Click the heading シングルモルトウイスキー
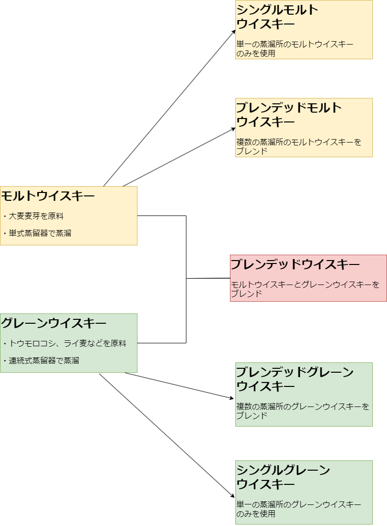coord(277,17)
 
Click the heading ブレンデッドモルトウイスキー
coord(289,115)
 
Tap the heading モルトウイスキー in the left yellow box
coord(47,196)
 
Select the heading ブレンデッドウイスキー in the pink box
coord(295,265)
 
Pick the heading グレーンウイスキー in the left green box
coord(53,324)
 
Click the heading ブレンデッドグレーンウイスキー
coord(295,379)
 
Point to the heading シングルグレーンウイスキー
coord(283,477)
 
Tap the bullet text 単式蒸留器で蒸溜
coord(40,233)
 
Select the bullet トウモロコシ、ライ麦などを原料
coord(68,343)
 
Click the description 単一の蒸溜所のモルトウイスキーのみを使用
coord(295,48)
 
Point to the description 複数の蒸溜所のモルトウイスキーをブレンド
coord(298,146)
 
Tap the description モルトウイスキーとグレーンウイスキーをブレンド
coord(305,289)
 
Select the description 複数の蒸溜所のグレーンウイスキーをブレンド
coord(302,411)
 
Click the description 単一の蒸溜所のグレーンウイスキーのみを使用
coord(298,509)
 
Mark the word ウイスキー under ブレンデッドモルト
coord(266,121)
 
